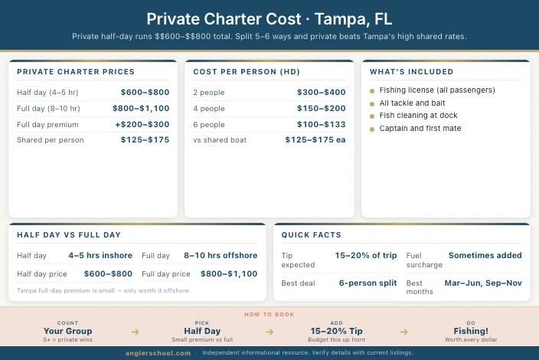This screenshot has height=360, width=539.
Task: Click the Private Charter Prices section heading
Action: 75,72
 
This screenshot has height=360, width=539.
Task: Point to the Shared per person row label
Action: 51,140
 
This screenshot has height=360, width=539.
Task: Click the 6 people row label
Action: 210,124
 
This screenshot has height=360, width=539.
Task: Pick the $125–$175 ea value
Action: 315,140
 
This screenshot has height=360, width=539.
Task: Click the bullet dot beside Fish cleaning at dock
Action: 372,116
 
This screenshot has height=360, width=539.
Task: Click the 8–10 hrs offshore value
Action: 220,255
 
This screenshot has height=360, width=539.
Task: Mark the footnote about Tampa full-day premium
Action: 103,290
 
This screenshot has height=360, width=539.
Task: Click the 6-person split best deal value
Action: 367,283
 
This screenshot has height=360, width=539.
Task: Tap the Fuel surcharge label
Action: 424,260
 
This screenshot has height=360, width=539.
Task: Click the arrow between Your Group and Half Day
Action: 135,332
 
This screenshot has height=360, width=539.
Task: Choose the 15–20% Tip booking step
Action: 336,331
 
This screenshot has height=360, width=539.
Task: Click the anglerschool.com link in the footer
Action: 158,353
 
